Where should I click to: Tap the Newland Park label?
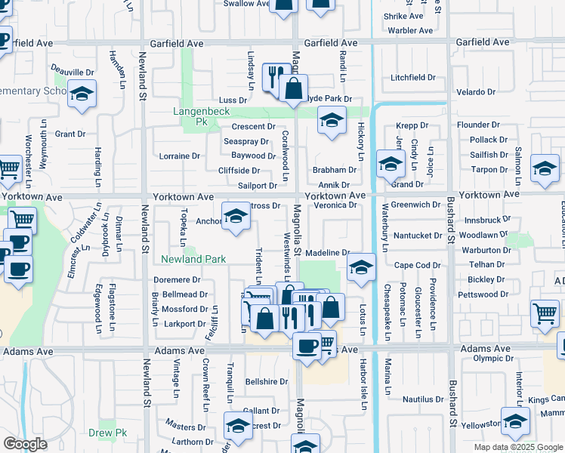(x=193, y=259)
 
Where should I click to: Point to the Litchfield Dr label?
(x=413, y=77)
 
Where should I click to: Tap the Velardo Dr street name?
(x=476, y=92)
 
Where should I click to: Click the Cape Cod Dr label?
(x=417, y=265)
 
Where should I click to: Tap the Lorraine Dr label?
(x=180, y=156)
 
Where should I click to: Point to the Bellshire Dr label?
(x=267, y=382)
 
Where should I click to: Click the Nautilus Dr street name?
(x=421, y=398)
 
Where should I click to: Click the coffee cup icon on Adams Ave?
(x=307, y=346)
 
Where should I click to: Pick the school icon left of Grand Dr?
(x=390, y=163)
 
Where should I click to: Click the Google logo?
(x=25, y=444)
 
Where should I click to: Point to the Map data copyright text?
(x=517, y=447)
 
